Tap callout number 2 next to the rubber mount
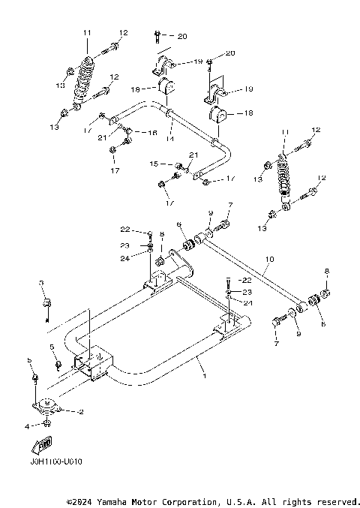pos(81,412)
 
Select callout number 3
pos(42,283)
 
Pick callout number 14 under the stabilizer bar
pos(169,139)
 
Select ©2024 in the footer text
pos(81,500)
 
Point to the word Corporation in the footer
pos(188,500)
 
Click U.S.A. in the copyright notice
pos(238,500)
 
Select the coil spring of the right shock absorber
pos(285,178)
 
